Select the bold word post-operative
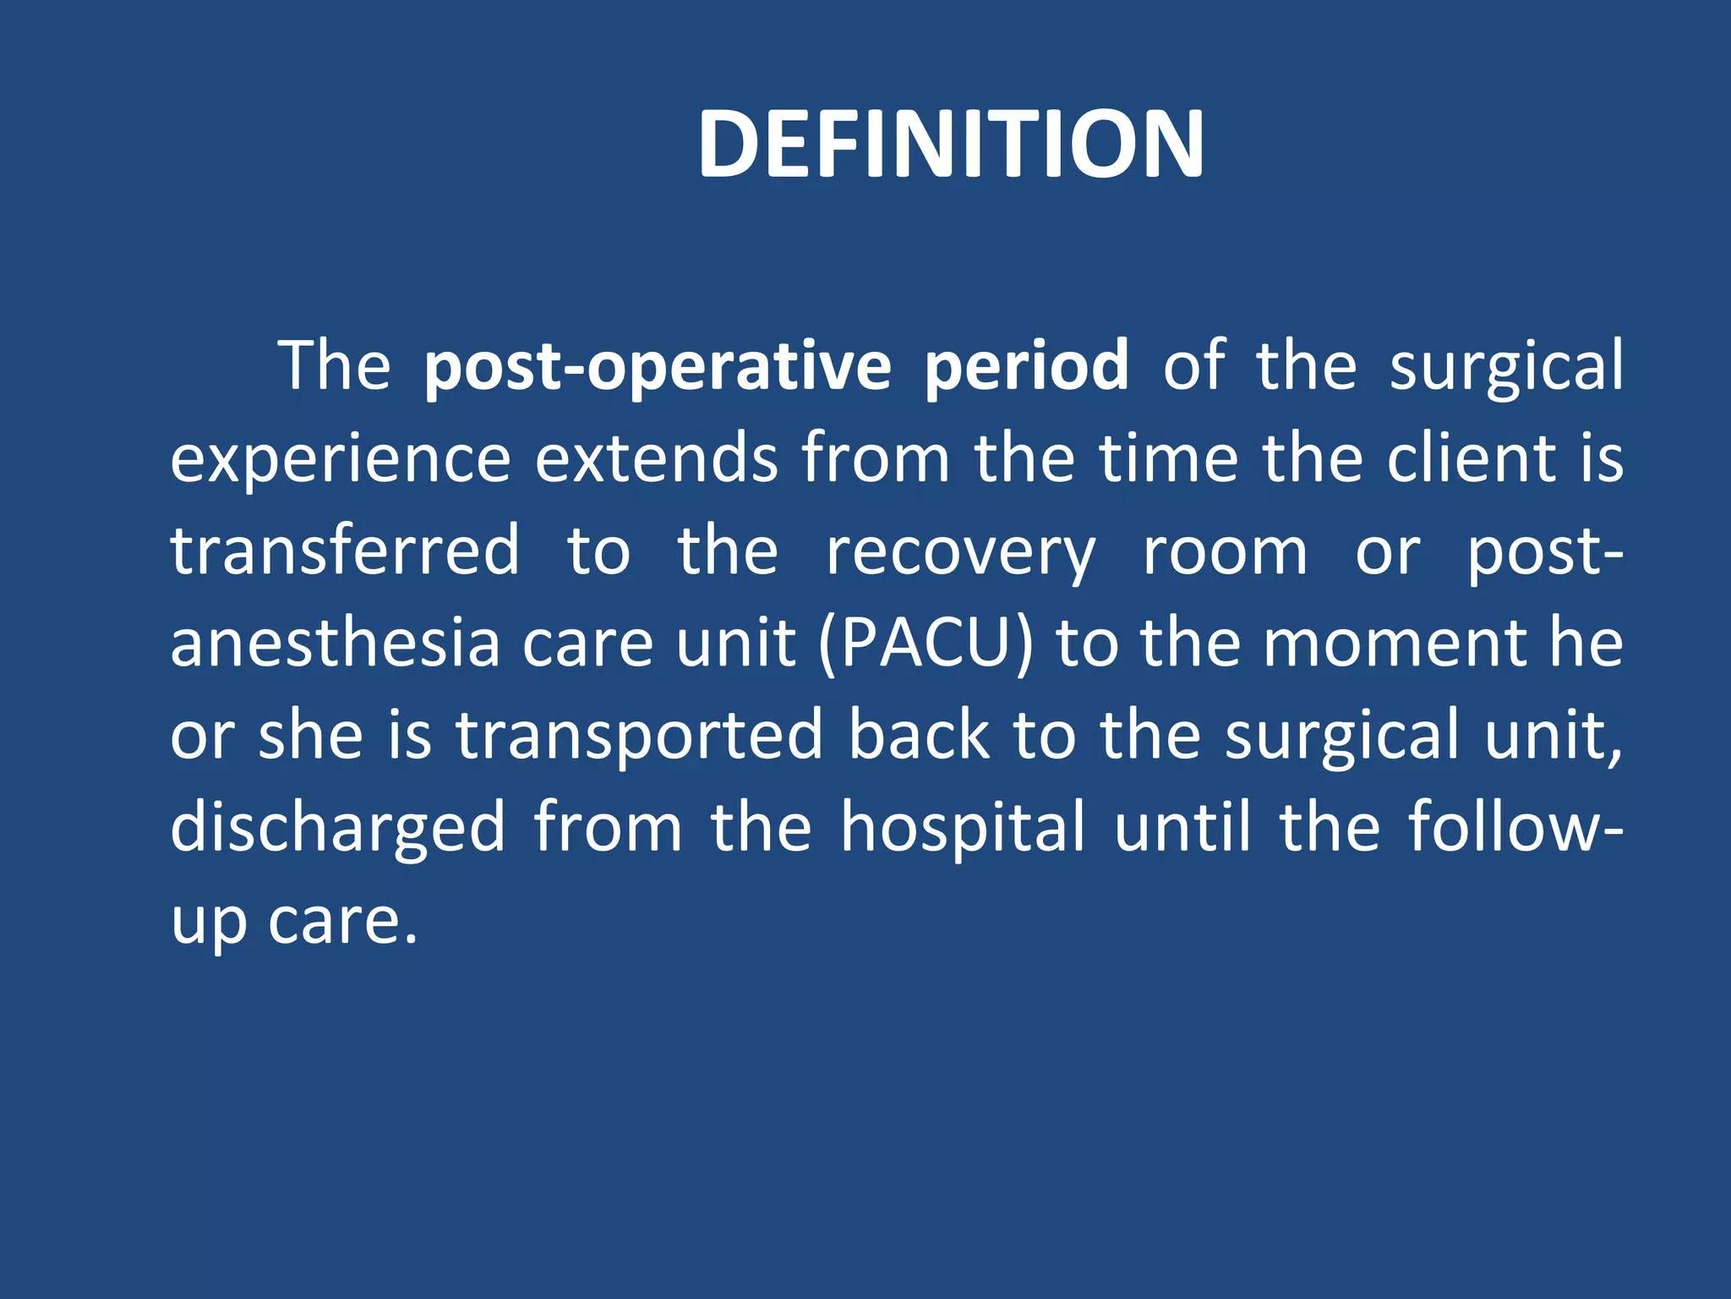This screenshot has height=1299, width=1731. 658,367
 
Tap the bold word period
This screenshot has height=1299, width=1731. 1026,367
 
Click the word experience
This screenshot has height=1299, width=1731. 341,459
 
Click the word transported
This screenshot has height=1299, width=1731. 640,736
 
